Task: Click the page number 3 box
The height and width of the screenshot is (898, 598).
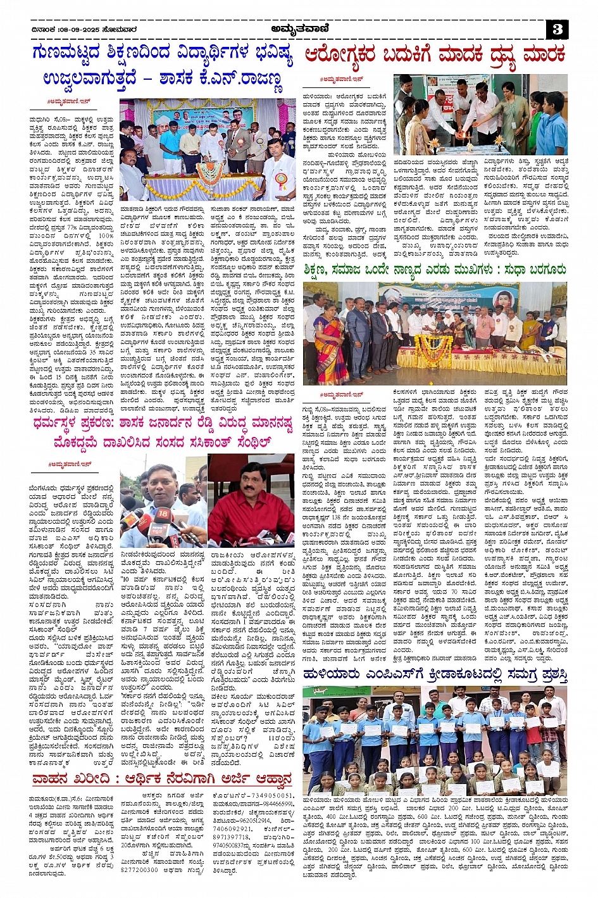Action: (x=556, y=29)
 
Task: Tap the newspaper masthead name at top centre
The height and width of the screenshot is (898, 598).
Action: (x=298, y=28)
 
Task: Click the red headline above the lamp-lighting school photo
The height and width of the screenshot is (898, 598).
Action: (x=435, y=55)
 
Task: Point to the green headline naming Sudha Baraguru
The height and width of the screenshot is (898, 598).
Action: (x=435, y=270)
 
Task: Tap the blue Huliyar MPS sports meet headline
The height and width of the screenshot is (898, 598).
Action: (x=435, y=675)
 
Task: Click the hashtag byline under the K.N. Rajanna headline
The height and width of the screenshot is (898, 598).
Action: (x=63, y=102)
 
